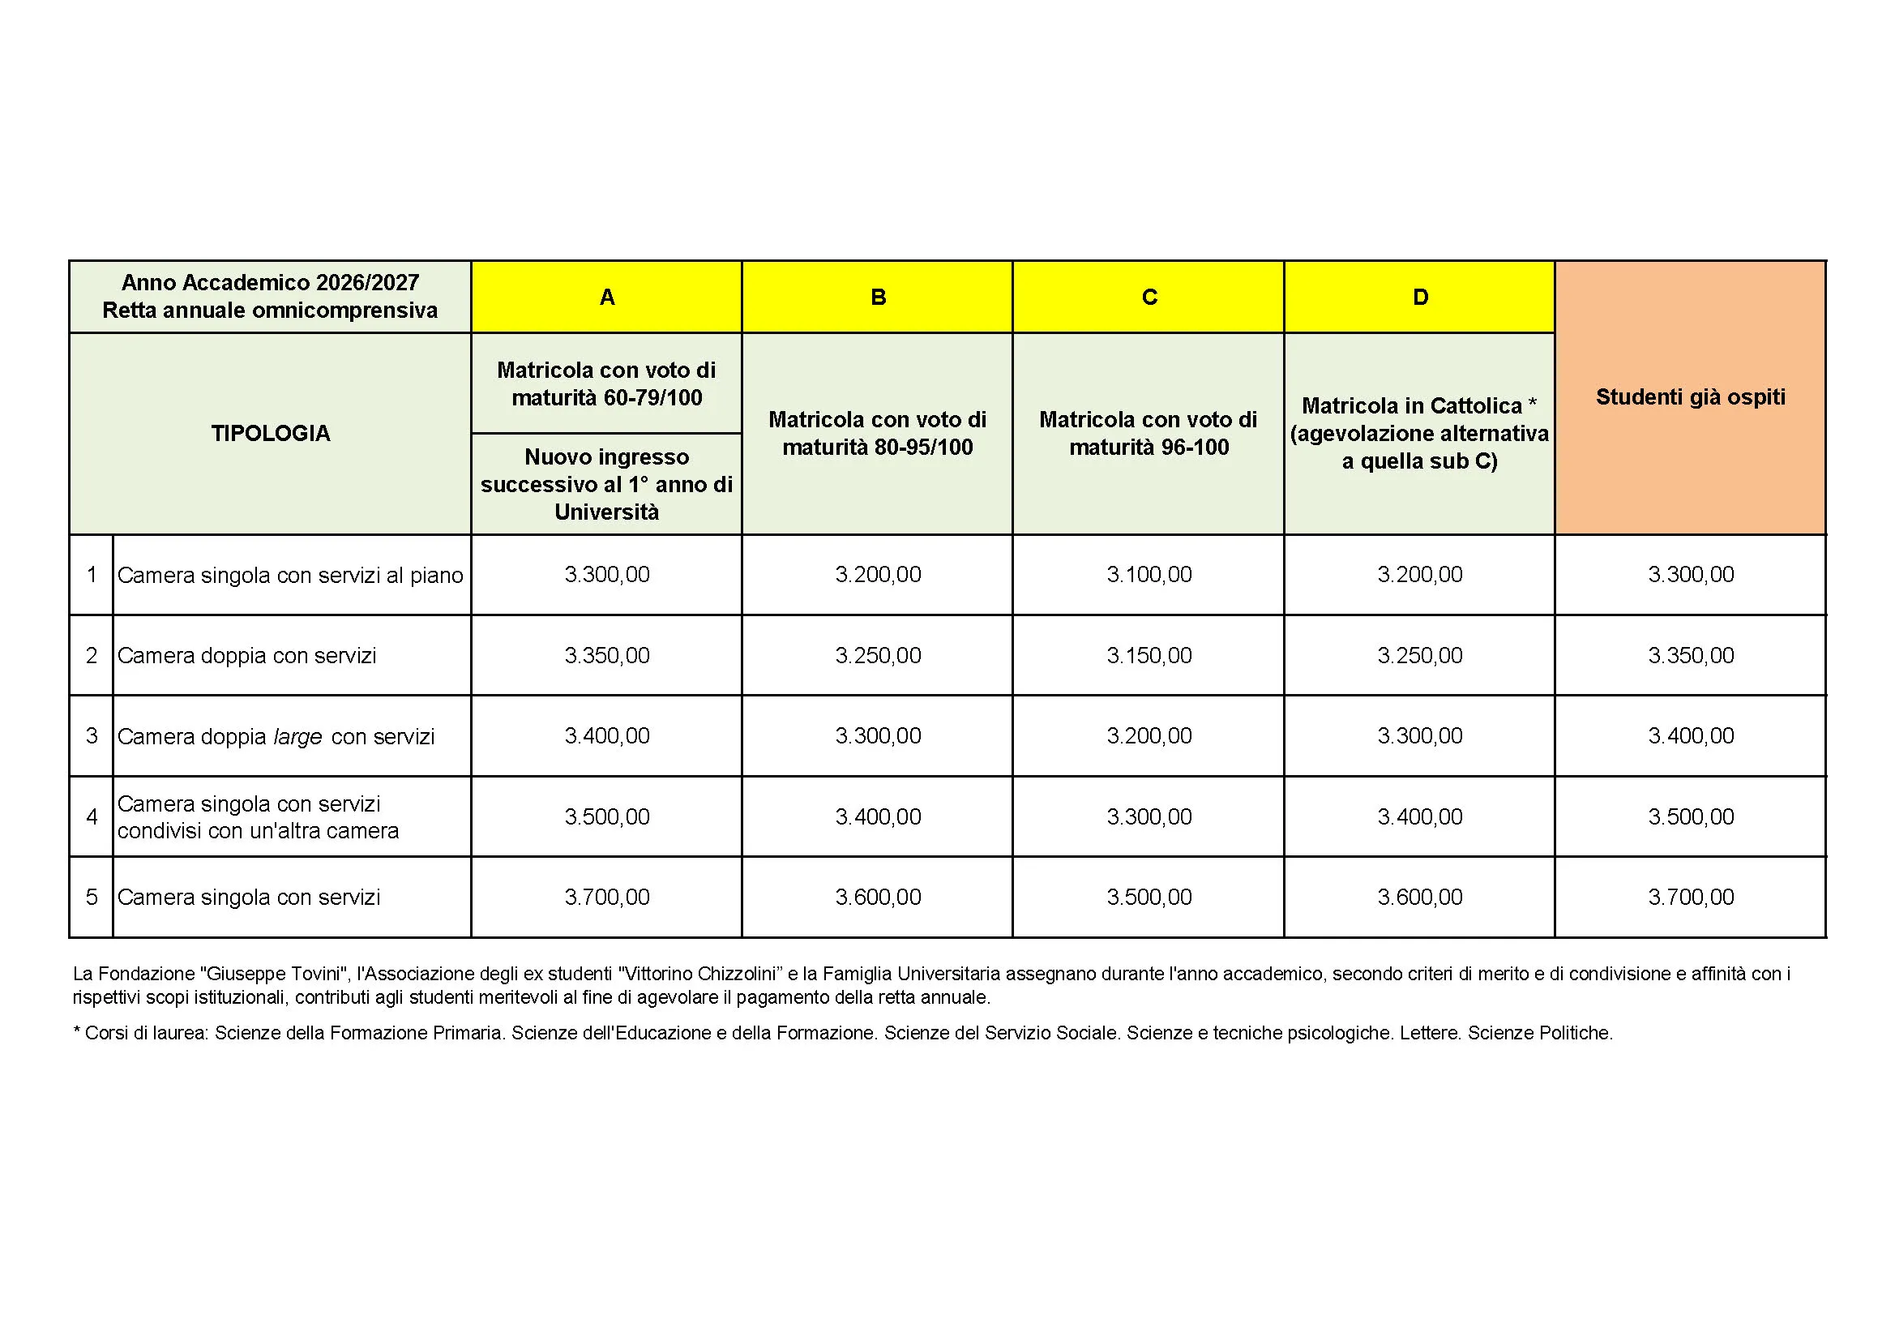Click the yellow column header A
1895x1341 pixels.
606,298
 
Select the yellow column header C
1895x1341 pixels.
1149,298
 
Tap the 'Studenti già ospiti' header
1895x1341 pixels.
1690,397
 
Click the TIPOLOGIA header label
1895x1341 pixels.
270,433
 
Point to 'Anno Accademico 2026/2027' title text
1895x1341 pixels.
270,282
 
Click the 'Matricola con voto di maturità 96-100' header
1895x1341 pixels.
1149,433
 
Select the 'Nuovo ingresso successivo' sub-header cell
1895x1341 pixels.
606,484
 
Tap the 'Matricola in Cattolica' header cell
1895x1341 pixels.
1419,433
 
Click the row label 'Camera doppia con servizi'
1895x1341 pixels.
246,656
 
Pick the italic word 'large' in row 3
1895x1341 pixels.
298,736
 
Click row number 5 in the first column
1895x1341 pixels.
92,897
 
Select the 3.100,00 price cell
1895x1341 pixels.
1149,575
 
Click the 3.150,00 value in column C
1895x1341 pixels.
1149,656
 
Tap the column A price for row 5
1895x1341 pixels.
606,897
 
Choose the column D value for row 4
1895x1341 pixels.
1419,816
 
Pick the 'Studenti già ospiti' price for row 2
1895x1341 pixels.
1690,656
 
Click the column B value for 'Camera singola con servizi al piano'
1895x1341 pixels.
877,575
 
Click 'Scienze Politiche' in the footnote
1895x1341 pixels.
1539,1033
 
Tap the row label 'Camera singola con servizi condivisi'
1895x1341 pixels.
258,816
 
